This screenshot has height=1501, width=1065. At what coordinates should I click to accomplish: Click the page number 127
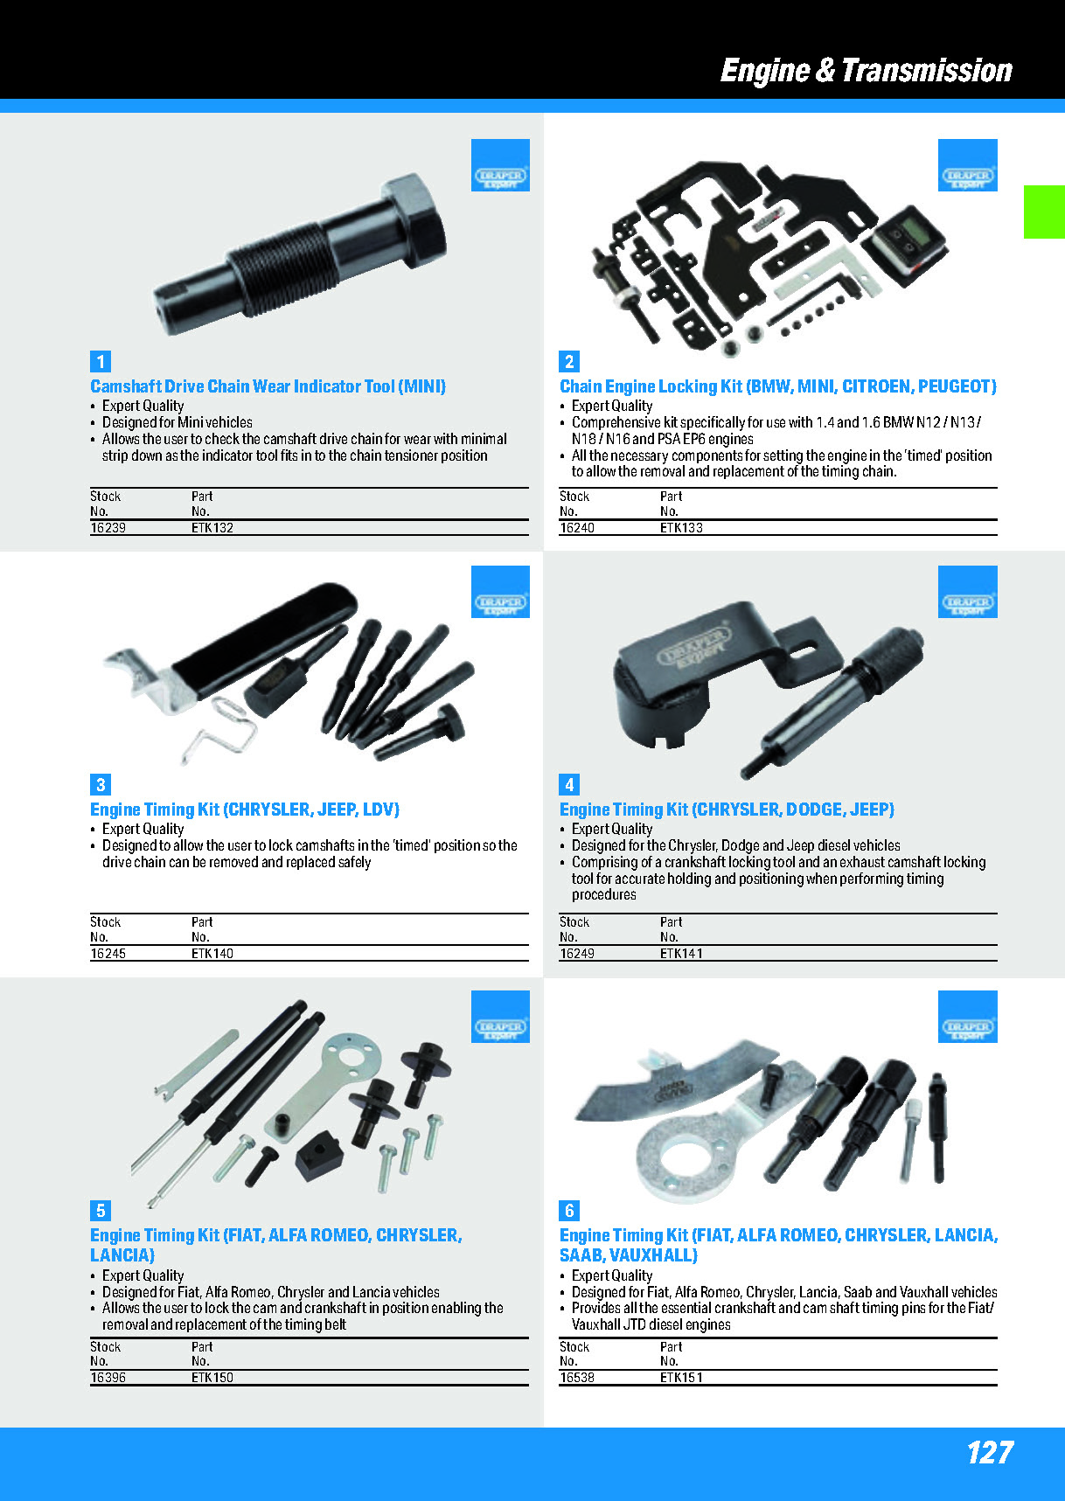tap(990, 1453)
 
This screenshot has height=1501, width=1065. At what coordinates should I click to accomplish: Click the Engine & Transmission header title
tap(866, 71)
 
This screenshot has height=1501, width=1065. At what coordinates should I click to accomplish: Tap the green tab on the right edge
tap(1044, 212)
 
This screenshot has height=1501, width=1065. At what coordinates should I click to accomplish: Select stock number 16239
tap(108, 528)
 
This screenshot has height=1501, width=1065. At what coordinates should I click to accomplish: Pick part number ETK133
tap(681, 528)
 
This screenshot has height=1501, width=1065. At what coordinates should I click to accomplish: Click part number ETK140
tap(212, 954)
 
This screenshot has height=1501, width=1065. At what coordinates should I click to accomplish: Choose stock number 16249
tap(577, 954)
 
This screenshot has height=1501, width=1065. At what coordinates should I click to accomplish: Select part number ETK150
tap(212, 1378)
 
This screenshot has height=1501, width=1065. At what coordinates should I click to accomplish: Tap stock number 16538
tap(577, 1378)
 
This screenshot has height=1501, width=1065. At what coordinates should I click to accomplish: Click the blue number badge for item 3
tap(101, 785)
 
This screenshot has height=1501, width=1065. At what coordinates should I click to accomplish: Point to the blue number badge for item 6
tap(569, 1211)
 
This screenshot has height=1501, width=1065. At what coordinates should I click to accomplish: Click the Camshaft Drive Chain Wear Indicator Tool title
tap(268, 386)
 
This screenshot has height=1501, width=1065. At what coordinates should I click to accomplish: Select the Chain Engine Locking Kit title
tap(778, 386)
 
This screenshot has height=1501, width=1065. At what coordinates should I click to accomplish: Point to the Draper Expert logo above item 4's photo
tap(968, 592)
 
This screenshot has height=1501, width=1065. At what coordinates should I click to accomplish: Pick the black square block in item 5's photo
tap(320, 1156)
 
